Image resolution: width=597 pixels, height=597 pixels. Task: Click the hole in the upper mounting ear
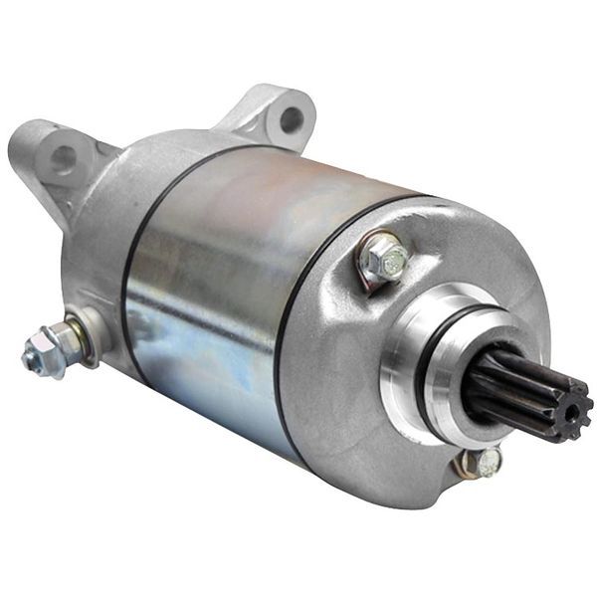point(292,120)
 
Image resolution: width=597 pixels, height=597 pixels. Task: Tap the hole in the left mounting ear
point(64,156)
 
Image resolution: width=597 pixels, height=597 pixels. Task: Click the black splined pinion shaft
point(517,388)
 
